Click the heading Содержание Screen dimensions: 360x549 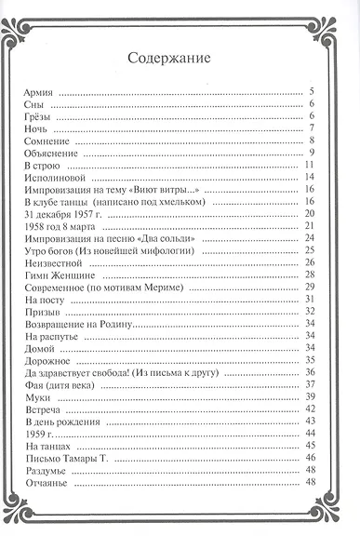168,58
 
